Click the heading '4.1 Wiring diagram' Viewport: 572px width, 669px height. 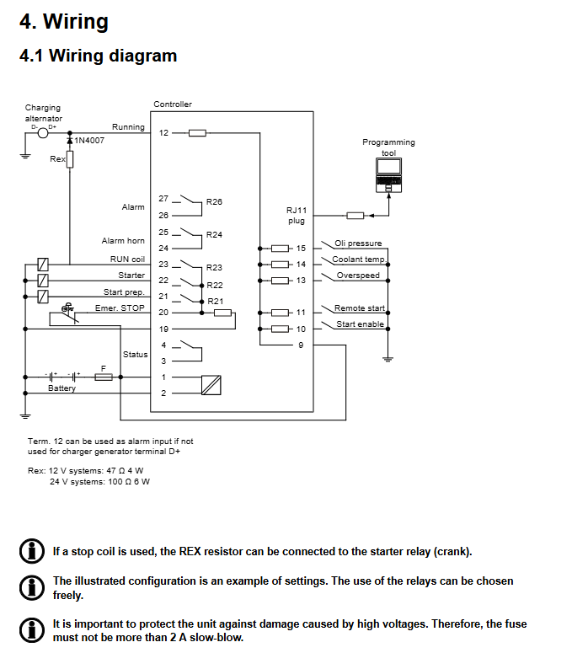point(98,56)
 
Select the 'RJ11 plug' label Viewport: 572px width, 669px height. point(297,215)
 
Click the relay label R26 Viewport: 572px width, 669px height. point(214,202)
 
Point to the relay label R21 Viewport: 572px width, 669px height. point(215,301)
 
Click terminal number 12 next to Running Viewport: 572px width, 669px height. point(163,133)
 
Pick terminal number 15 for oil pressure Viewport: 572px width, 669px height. point(301,249)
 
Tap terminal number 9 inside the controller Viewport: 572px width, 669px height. point(301,345)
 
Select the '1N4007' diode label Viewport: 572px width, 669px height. point(89,141)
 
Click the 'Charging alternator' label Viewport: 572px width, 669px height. point(43,113)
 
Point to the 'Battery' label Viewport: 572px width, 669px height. point(61,388)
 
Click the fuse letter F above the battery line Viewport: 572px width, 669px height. point(103,368)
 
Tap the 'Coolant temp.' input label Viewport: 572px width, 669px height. point(358,260)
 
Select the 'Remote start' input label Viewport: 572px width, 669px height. point(359,308)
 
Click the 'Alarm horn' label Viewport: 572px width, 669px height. point(123,241)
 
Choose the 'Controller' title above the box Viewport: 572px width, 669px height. point(173,104)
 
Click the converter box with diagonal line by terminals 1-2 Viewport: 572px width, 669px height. point(211,385)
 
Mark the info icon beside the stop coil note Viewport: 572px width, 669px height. point(31,551)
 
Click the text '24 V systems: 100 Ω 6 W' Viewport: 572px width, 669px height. point(99,482)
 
